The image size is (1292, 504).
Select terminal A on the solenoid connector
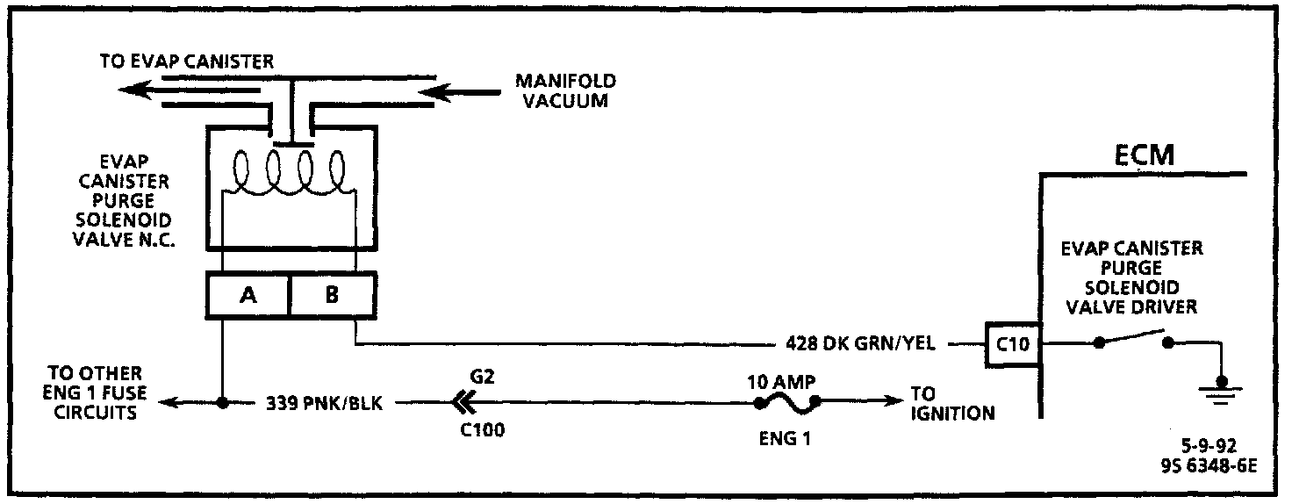(248, 295)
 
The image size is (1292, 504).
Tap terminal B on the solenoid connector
(332, 295)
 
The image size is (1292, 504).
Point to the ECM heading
(1145, 156)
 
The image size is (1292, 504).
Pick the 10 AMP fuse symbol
(787, 403)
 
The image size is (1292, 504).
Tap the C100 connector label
(481, 431)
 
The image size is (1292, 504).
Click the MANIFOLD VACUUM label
(565, 90)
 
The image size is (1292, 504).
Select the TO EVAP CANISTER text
(187, 61)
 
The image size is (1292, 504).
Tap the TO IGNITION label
(951, 403)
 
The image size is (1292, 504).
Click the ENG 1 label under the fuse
(783, 437)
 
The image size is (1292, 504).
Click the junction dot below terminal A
(223, 404)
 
